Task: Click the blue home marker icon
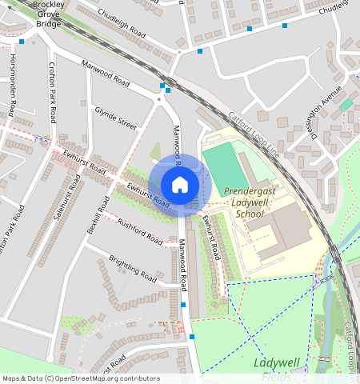(180, 186)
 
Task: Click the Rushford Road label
(139, 231)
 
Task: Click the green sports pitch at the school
(223, 168)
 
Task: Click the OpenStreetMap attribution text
(81, 378)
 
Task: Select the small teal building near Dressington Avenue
(346, 104)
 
